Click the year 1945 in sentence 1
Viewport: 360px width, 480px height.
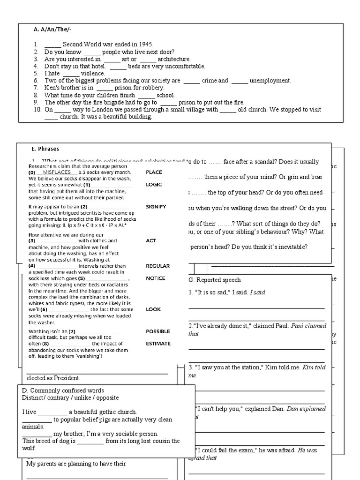133,45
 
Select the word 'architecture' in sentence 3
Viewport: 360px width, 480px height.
174,59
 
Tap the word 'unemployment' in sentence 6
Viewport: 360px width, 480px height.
270,81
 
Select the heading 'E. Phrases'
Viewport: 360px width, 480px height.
45,149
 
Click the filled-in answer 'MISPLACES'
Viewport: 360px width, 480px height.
53,172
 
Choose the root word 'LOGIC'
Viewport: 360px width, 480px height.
154,185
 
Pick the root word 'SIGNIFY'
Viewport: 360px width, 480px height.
156,207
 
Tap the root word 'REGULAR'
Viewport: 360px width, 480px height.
157,266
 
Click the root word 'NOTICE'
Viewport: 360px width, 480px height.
155,278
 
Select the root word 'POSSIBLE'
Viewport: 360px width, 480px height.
157,331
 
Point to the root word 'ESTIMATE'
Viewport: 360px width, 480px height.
158,344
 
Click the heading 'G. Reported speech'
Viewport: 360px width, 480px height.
214,280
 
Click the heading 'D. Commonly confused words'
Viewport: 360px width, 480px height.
63,390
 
